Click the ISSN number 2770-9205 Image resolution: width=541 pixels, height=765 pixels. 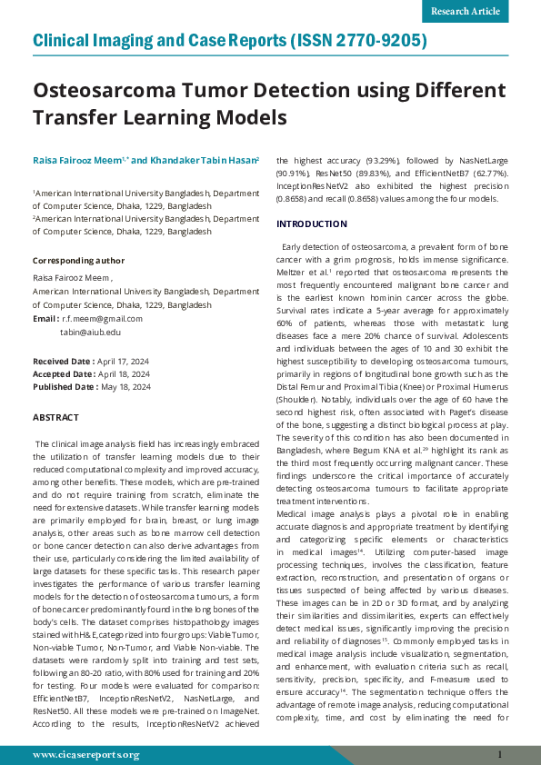click(380, 42)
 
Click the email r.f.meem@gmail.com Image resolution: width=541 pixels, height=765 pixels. click(102, 319)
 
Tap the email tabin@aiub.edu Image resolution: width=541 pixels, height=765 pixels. click(90, 333)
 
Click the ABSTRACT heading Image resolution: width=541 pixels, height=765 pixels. click(55, 417)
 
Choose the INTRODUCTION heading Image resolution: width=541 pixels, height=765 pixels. click(311, 224)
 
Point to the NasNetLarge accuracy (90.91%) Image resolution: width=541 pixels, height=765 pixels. click(295, 172)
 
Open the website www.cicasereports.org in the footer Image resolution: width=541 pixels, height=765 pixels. click(85, 755)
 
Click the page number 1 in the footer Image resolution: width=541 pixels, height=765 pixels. click(499, 755)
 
